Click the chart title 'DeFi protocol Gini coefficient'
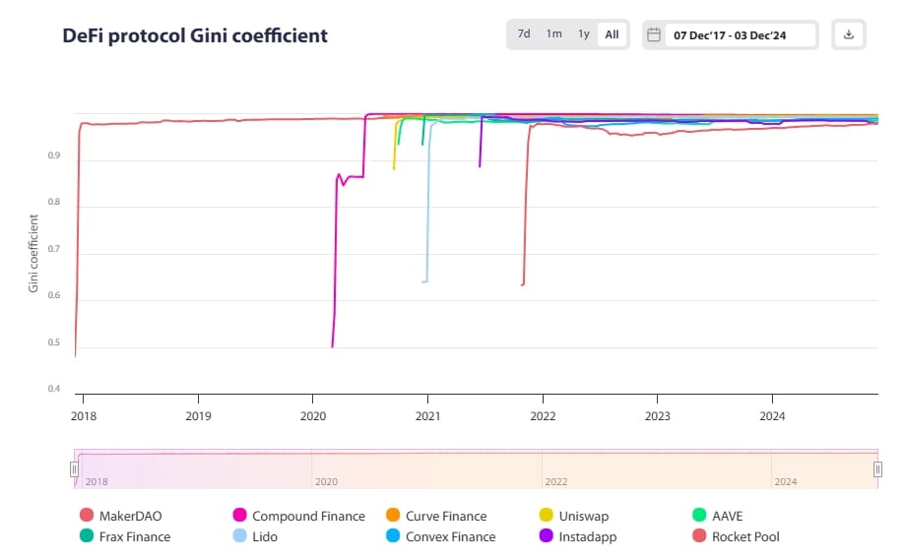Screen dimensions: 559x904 tap(195, 35)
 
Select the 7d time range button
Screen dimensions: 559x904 tap(524, 34)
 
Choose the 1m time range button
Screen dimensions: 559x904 tap(554, 34)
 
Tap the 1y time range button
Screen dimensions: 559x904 tap(584, 34)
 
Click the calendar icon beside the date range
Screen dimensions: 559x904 tap(654, 34)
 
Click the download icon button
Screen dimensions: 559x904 tap(849, 34)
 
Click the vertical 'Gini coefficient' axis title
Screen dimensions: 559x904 tap(33, 254)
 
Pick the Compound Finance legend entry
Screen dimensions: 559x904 tap(307, 516)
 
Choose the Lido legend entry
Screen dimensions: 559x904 tap(264, 536)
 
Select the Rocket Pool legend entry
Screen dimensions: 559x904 tap(744, 536)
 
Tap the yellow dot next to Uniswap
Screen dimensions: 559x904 tap(546, 516)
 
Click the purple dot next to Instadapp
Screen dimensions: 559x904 tap(546, 536)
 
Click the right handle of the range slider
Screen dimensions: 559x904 tap(877, 470)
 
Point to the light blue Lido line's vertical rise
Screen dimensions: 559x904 tap(428, 207)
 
